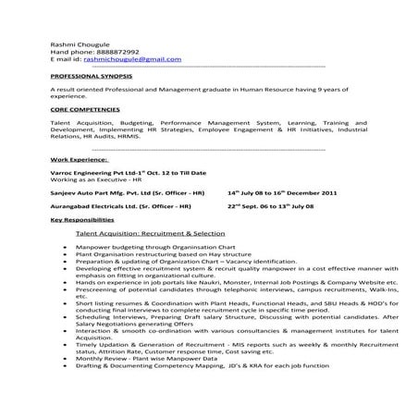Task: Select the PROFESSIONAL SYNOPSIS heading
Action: click(x=92, y=75)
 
